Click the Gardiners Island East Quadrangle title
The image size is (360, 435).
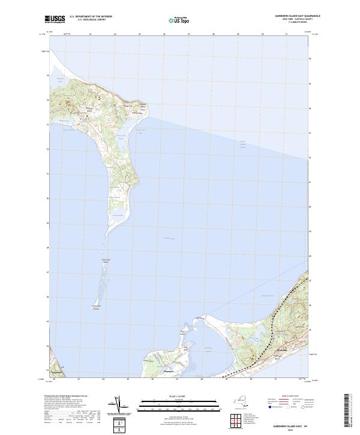click(x=294, y=16)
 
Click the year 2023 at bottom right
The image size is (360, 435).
click(x=292, y=427)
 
